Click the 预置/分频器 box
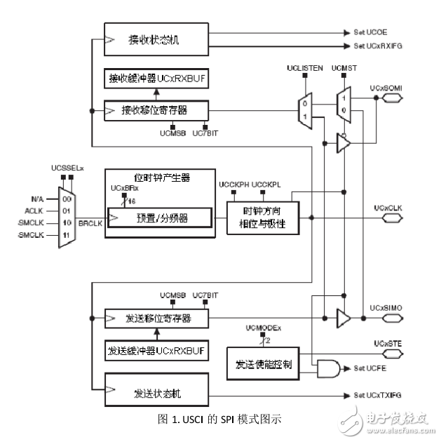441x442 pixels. pos(158,218)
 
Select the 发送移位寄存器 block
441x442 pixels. pos(156,319)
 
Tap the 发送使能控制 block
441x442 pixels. pos(263,364)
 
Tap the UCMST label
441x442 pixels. pos(342,68)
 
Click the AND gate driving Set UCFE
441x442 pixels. pos(328,368)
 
